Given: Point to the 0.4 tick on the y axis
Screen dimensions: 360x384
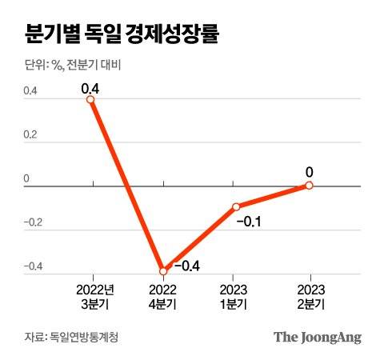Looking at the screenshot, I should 30,92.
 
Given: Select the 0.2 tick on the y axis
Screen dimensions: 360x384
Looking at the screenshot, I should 30,136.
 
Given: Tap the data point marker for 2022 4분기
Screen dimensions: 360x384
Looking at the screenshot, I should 163,271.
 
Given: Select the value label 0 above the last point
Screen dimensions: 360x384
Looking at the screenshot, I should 310,170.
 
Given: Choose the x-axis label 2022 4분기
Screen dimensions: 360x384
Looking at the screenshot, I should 163,294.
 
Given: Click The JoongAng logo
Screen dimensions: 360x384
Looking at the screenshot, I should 318,337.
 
